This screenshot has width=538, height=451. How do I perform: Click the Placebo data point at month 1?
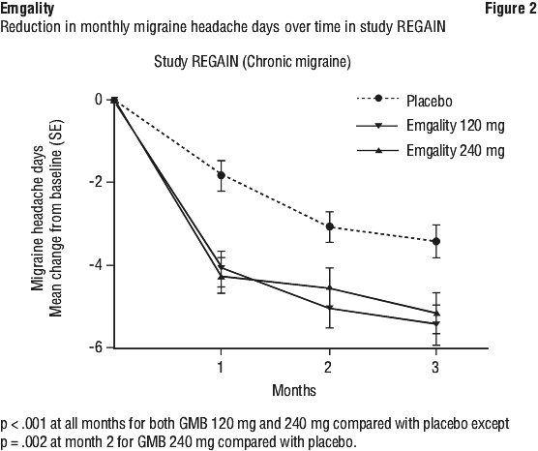point(221,175)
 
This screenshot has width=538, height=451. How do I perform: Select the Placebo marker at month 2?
point(330,226)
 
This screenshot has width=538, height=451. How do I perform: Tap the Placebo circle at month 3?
point(436,242)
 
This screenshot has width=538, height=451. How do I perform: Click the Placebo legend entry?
point(430,101)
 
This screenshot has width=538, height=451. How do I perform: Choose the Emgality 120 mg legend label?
point(456,126)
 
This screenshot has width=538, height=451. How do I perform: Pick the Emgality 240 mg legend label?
point(456,150)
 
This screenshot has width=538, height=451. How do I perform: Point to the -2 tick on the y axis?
point(97,182)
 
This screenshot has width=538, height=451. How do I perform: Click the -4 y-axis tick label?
point(97,265)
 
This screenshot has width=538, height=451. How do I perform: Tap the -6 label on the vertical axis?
point(97,348)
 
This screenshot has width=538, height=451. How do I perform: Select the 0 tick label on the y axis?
point(99,100)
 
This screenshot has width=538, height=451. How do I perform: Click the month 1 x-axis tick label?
point(221,367)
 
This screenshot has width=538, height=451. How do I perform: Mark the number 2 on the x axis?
point(328,367)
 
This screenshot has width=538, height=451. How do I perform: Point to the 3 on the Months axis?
point(435,367)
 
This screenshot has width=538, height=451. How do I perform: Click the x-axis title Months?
point(294,390)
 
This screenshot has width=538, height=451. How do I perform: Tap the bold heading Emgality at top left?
point(27,9)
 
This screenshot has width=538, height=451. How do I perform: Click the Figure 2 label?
point(511,9)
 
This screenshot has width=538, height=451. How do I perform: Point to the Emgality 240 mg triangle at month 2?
point(330,287)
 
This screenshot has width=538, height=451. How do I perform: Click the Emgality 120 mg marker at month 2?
point(330,308)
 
